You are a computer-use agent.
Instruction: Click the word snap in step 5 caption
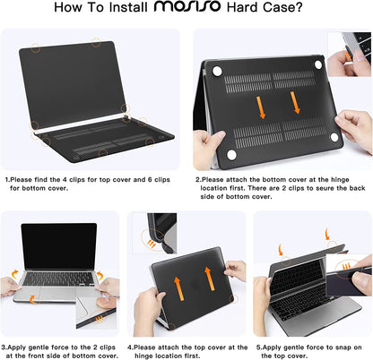tap(344, 345)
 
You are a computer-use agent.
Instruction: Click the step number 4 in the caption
tap(129, 345)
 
